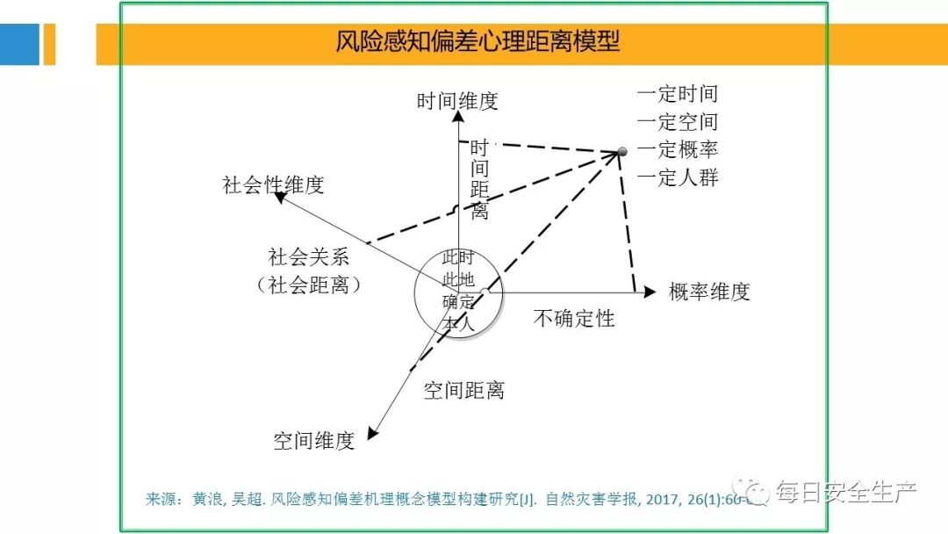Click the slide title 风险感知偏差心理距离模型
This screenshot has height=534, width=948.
(478, 41)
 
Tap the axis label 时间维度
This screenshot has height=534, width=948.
(457, 101)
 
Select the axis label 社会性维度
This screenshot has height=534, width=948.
(273, 185)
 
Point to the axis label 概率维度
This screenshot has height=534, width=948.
(709, 292)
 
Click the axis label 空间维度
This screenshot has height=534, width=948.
(313, 441)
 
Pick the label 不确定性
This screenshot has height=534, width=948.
(574, 318)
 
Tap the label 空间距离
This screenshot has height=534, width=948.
(463, 391)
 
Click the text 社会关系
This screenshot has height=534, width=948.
(309, 257)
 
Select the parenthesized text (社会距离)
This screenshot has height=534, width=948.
(309, 285)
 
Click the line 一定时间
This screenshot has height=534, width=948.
(678, 94)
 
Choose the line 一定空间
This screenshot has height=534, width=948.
(678, 122)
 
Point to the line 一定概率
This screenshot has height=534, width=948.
(678, 149)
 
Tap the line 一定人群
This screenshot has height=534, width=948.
(678, 177)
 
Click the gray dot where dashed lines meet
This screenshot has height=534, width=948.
(622, 153)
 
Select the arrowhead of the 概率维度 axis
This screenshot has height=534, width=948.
(650, 292)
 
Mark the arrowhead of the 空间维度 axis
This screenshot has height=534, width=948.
(372, 432)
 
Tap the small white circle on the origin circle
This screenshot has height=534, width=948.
(485, 292)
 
